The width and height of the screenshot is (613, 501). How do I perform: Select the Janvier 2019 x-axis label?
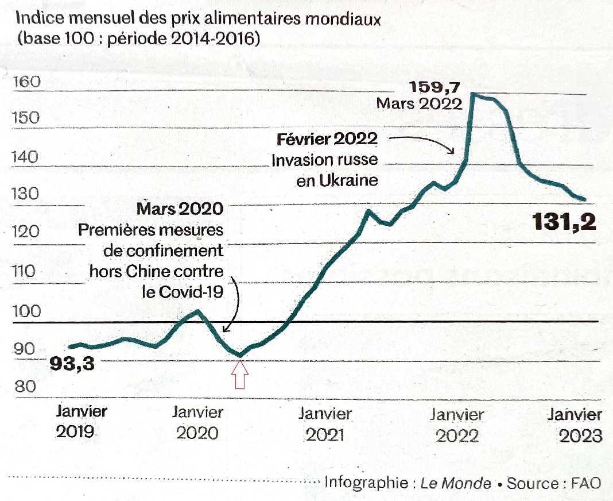82,422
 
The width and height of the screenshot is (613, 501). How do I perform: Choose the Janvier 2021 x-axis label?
325,424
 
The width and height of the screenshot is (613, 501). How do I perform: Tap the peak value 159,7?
436,88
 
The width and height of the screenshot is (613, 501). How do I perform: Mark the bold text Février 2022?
327,139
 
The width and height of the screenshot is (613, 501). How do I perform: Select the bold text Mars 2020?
180,209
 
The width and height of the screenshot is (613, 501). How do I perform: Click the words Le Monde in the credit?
456,483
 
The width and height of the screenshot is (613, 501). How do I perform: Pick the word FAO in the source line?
586,483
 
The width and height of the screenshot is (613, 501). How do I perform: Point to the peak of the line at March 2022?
472,94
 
